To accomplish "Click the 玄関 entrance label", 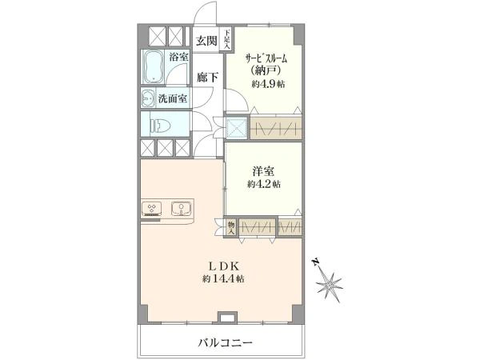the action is click(x=206, y=41).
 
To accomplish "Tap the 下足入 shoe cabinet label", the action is click(x=227, y=39).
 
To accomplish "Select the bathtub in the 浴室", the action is click(x=154, y=67).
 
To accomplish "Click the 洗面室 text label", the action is click(x=173, y=99).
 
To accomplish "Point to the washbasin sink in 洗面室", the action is click(x=149, y=98).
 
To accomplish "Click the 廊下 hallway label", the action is click(x=207, y=78).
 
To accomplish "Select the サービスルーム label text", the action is click(x=266, y=58).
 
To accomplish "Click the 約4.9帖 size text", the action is click(x=268, y=84).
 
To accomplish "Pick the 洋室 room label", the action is click(x=263, y=171).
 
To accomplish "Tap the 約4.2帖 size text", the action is click(x=264, y=184).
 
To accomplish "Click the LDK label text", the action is click(x=223, y=266).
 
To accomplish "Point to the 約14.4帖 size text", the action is click(x=223, y=279).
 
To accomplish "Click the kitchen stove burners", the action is click(x=151, y=208).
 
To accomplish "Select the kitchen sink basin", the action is click(x=182, y=209).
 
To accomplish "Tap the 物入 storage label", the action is click(x=231, y=228).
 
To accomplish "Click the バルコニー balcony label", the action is click(x=225, y=342).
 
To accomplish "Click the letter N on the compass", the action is click(x=315, y=262).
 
